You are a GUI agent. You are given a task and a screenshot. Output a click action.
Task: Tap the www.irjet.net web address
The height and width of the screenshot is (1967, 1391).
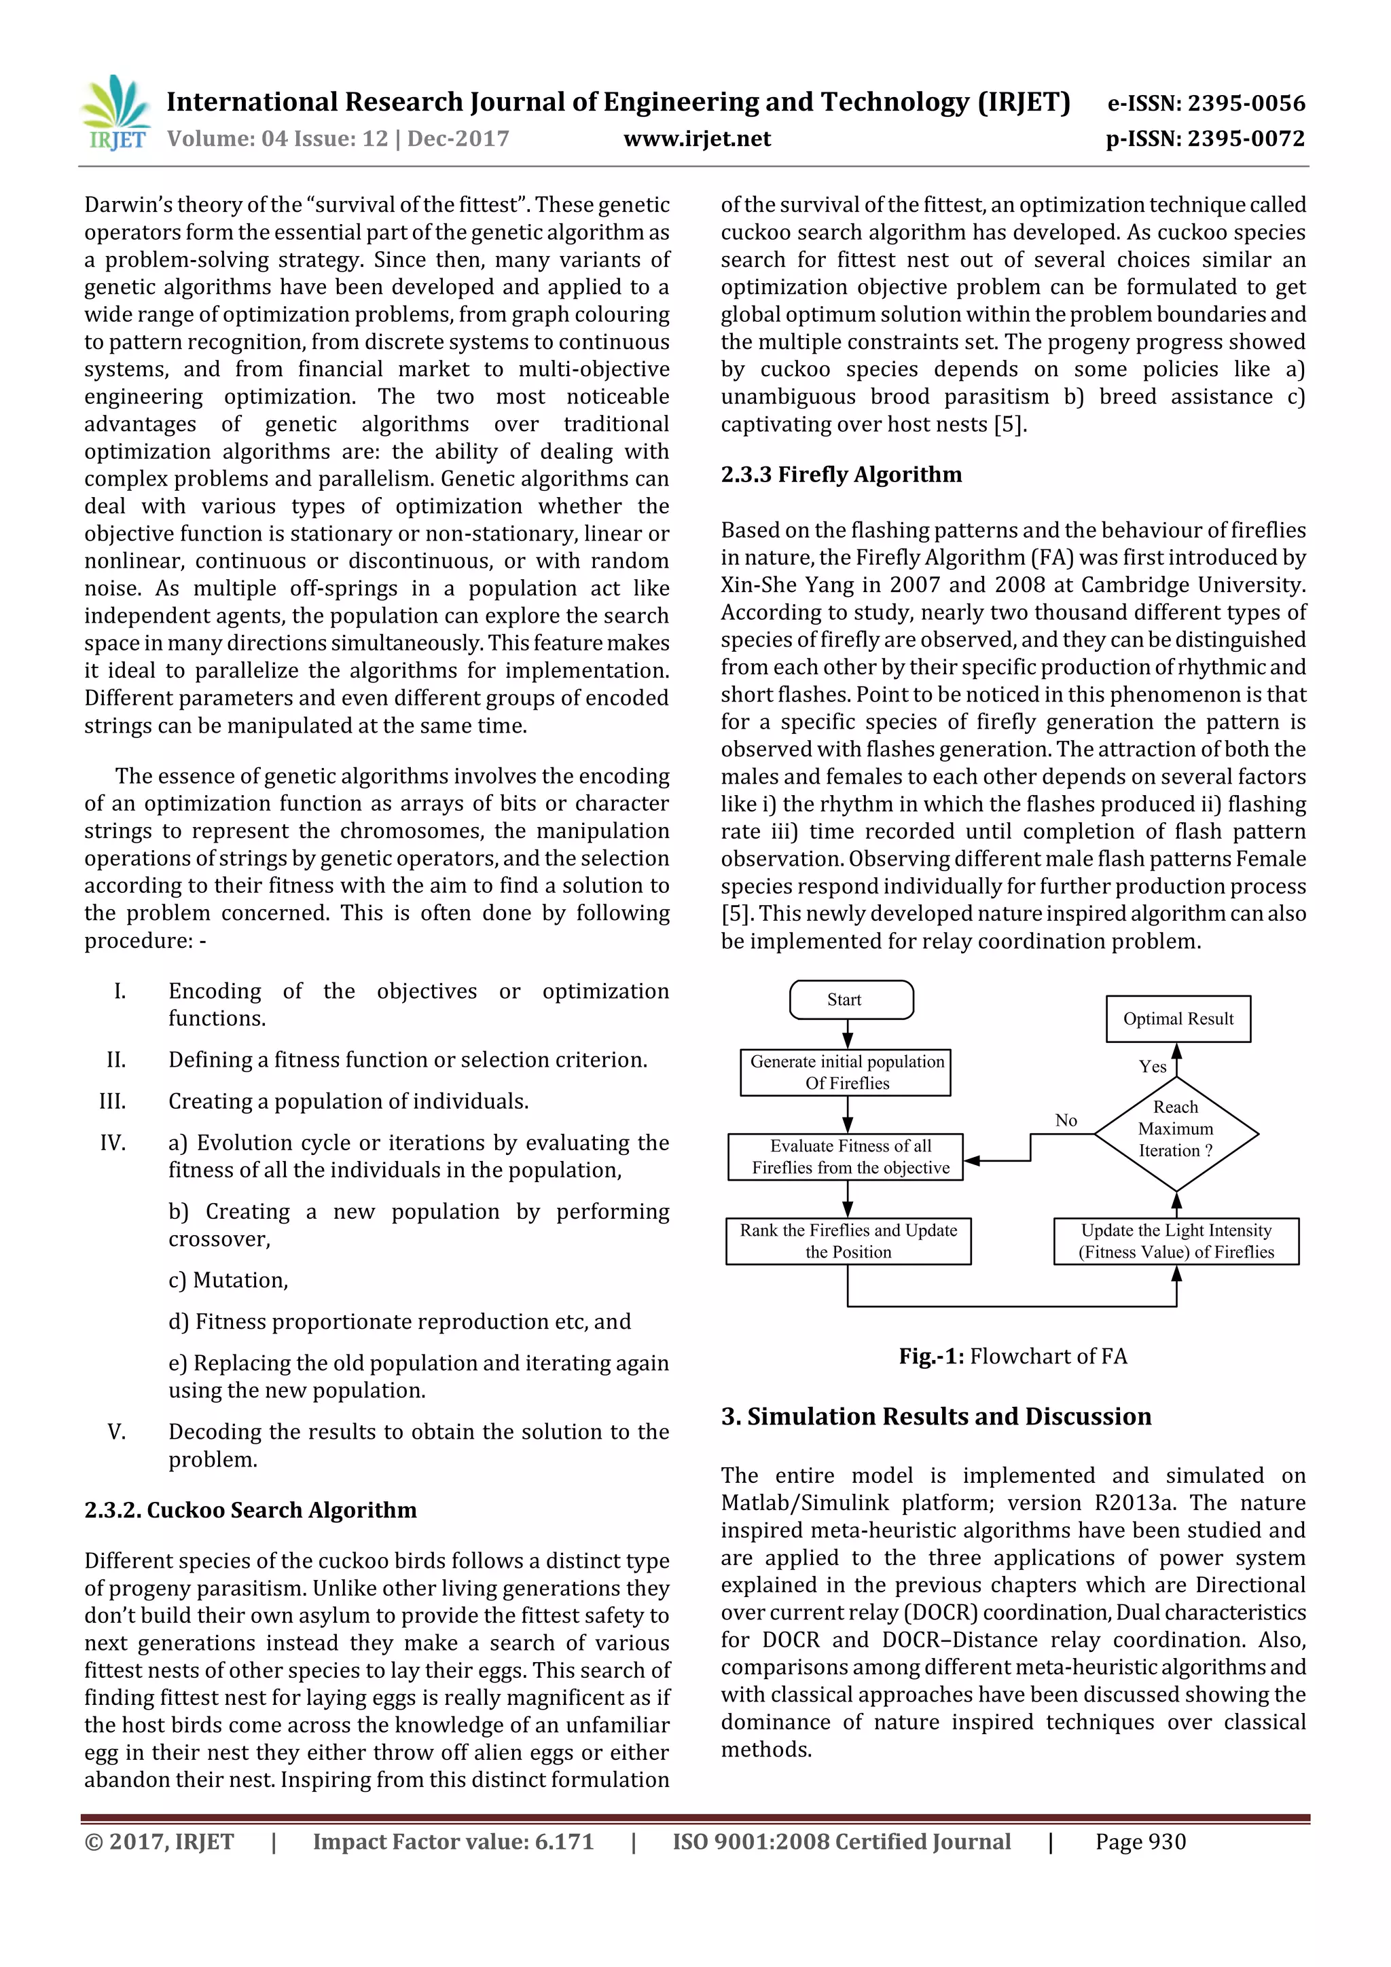pos(697,139)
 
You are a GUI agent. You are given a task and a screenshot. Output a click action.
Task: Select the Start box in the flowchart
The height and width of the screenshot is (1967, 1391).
pos(850,999)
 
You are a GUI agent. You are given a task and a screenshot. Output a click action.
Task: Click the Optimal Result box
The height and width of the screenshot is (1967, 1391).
pos(1178,1018)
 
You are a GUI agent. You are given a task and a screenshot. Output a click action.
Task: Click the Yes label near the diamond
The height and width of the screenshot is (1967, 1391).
pos(1152,1067)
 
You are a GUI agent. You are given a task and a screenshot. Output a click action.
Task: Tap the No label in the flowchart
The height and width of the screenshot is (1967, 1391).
pos(1065,1120)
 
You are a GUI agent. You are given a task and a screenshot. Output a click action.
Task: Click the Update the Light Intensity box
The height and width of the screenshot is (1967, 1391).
pos(1176,1240)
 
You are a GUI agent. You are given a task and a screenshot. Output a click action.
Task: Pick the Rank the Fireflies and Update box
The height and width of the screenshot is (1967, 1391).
pos(848,1240)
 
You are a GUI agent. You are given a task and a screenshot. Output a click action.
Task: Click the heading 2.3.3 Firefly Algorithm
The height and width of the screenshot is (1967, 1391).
pos(841,475)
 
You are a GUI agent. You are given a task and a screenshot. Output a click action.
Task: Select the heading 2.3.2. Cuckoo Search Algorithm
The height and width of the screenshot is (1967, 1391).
pos(250,1509)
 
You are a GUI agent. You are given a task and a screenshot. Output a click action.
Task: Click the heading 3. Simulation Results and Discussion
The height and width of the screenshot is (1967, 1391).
pos(936,1416)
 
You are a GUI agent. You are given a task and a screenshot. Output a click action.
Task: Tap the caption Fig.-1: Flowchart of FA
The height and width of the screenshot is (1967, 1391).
pos(1012,1356)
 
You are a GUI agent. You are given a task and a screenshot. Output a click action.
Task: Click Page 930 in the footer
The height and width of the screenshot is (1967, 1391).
pos(1140,1842)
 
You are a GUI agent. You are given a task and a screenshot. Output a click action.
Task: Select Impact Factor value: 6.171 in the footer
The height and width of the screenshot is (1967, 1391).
pos(452,1842)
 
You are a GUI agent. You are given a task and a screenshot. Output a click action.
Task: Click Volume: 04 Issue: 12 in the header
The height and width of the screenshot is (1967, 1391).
pos(277,139)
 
